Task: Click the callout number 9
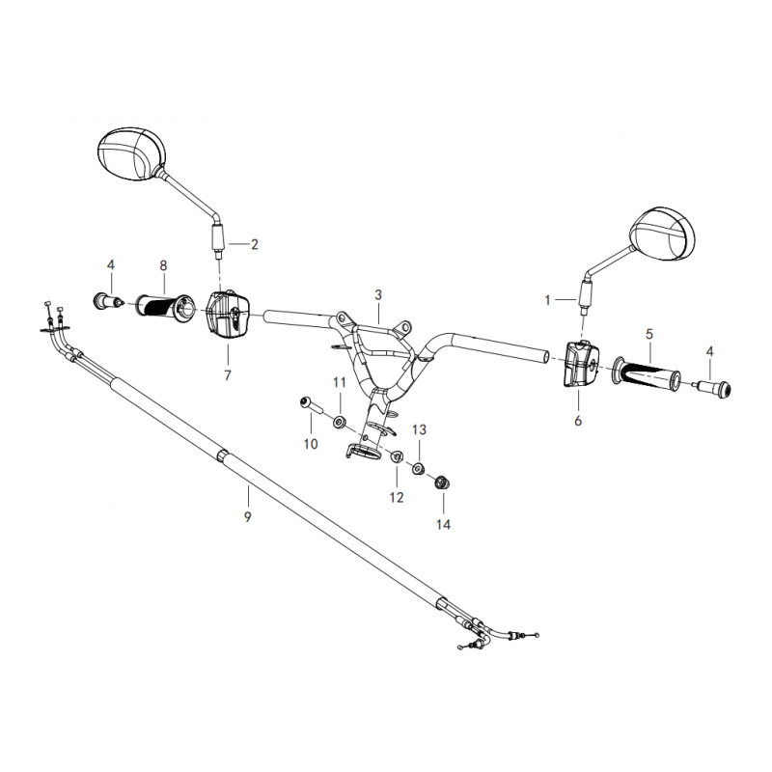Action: coord(247,516)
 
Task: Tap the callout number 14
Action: coord(443,524)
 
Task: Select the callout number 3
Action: coord(378,295)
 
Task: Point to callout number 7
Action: coord(228,375)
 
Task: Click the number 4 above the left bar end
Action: coord(111,264)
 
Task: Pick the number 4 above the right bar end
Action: coord(709,351)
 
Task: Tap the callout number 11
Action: coord(340,382)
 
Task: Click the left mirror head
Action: coord(132,153)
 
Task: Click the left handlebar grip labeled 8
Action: coord(165,309)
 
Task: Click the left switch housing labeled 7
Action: coord(228,316)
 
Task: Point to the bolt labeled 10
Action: coord(311,405)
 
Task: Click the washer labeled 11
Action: coord(339,423)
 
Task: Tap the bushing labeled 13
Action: coord(419,469)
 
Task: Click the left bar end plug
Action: coord(108,300)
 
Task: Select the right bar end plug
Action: coord(713,389)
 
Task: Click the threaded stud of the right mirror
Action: coord(584,310)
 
